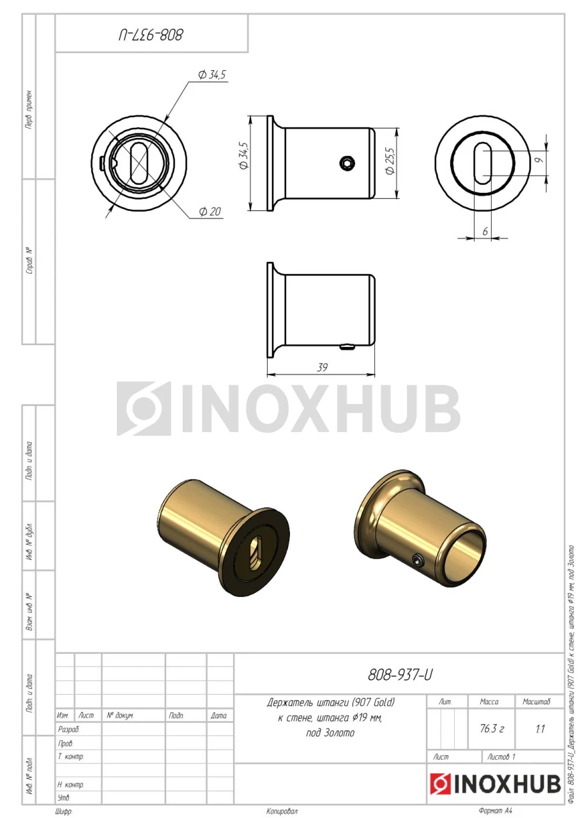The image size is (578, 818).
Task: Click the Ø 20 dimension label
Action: tap(210, 211)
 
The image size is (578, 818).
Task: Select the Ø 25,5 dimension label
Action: tap(390, 161)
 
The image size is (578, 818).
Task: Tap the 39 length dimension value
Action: tap(322, 367)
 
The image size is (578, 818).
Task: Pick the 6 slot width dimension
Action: tap(485, 231)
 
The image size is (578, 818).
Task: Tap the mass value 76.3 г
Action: tap(492, 729)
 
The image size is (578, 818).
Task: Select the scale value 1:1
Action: tap(540, 729)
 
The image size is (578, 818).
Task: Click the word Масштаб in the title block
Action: tap(536, 701)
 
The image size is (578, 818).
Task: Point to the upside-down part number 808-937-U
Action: tap(151, 35)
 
